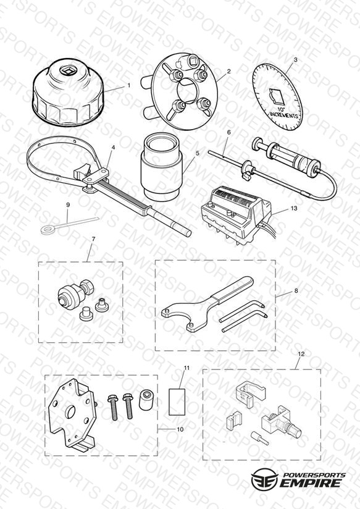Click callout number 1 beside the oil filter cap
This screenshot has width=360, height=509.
point(129,85)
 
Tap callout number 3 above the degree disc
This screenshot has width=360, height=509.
point(295,60)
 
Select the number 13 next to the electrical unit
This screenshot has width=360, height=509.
point(294,208)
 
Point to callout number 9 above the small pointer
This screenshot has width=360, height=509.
point(68,205)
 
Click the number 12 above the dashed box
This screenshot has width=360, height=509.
point(301,354)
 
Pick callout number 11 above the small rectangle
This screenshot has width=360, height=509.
point(186,368)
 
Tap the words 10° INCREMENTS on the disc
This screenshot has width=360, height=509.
point(283,113)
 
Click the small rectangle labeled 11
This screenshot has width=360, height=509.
point(177,402)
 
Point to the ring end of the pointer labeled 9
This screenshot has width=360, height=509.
point(48,230)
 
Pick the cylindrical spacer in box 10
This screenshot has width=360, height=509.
point(146,400)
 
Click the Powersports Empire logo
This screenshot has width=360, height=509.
point(298,479)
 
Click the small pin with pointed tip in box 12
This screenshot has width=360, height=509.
point(259,438)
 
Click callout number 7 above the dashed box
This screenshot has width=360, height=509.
point(93,239)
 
